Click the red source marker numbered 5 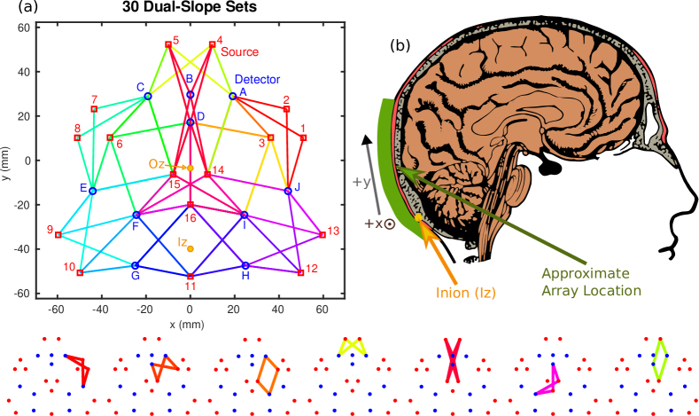pyautogui.click(x=168, y=44)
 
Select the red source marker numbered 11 pyautogui.click(x=190, y=276)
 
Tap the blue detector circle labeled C pyautogui.click(x=148, y=95)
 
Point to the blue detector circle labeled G pyautogui.click(x=135, y=265)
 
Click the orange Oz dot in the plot pyautogui.click(x=190, y=167)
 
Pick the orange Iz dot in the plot pyautogui.click(x=191, y=248)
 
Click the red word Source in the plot pyautogui.click(x=239, y=51)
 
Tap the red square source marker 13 pyautogui.click(x=322, y=234)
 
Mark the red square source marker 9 pyautogui.click(x=58, y=234)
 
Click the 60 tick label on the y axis pyautogui.click(x=25, y=27)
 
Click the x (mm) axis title pyautogui.click(x=190, y=325)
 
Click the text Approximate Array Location pyautogui.click(x=591, y=281)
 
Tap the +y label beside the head pyautogui.click(x=361, y=182)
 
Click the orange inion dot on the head pyautogui.click(x=418, y=216)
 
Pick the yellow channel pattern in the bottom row pyautogui.click(x=353, y=346)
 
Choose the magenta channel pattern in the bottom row pyautogui.click(x=548, y=381)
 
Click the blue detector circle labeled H pyautogui.click(x=245, y=265)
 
